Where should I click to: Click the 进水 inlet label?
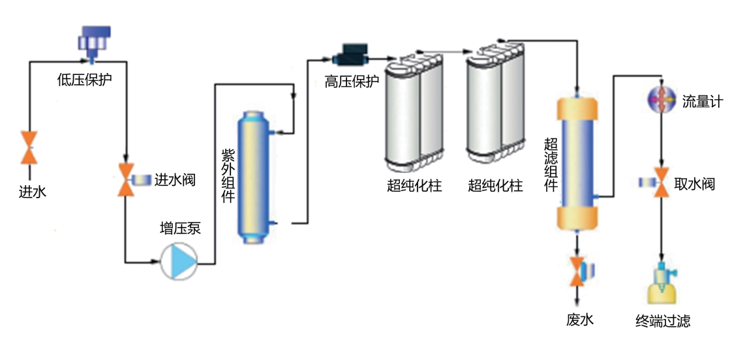tap(32, 192)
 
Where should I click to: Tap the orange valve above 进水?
tap(29, 147)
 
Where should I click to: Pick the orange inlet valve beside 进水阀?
tap(125, 180)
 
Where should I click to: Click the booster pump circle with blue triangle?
tap(179, 262)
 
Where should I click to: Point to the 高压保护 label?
tap(352, 83)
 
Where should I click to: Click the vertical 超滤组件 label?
tap(551, 164)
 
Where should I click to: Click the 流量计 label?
tap(702, 102)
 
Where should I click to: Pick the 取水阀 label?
tap(694, 185)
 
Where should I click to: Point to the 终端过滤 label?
tap(663, 321)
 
